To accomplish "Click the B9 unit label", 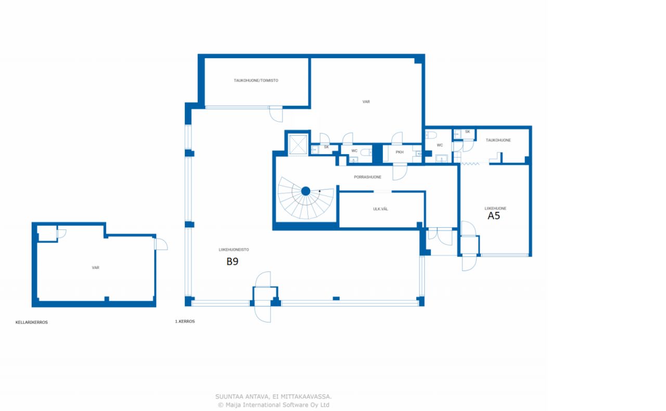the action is (232, 261).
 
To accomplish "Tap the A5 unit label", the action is (494, 216).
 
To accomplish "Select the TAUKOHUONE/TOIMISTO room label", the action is (255, 80).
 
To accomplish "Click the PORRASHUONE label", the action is (367, 177).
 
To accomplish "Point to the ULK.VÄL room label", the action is (380, 209).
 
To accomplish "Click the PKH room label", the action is (399, 152).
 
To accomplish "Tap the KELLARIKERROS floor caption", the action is (32, 322).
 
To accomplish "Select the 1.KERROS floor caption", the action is (185, 321).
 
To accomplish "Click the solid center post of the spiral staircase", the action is (305, 191).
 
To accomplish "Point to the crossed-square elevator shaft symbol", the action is (298, 145).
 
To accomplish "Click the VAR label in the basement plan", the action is (95, 267).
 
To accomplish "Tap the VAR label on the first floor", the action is (366, 101).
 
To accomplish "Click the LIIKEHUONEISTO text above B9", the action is (234, 250).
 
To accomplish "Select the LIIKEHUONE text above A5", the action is (495, 208).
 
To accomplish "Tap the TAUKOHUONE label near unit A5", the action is (498, 140).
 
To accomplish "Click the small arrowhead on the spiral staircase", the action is (319, 191).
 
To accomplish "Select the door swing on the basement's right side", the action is (161, 244).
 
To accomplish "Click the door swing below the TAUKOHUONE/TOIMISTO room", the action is (276, 114).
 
